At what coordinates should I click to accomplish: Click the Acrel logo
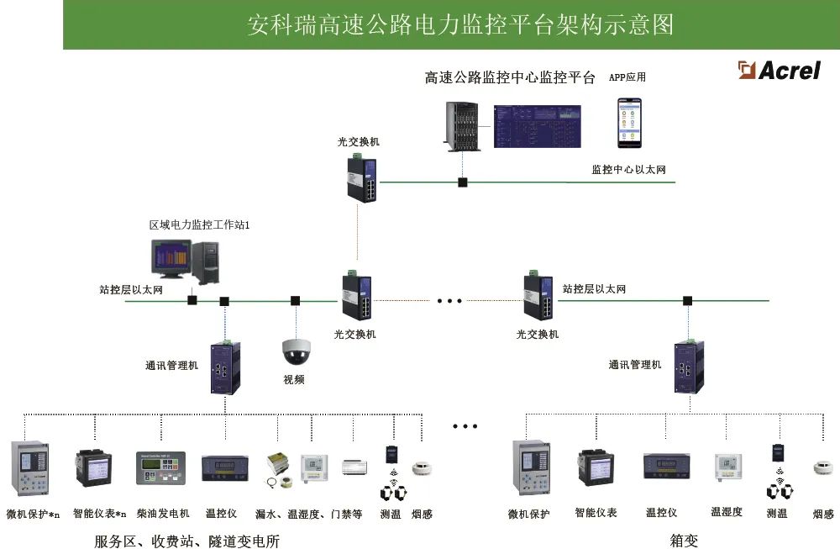(779, 70)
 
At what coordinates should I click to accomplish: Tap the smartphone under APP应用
(629, 122)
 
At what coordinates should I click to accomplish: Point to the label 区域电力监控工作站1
(200, 225)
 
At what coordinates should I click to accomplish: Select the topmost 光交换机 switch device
(361, 177)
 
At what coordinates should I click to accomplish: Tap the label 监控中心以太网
(628, 170)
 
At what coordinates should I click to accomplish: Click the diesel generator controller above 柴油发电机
(160, 467)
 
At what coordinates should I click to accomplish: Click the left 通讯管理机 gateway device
(226, 367)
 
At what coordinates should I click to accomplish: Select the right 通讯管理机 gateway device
(689, 367)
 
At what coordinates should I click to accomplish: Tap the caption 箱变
(684, 541)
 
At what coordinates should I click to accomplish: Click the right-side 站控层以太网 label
(594, 289)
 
